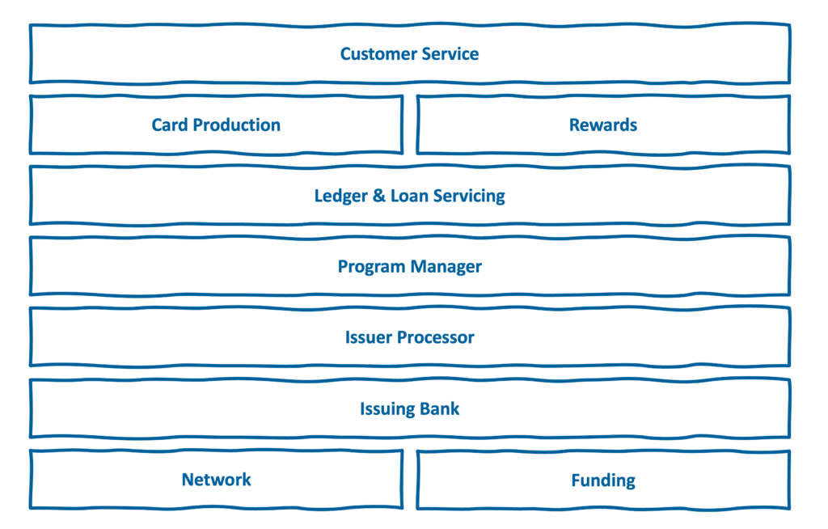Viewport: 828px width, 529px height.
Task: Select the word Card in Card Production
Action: tap(170, 125)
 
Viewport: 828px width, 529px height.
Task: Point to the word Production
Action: tap(237, 125)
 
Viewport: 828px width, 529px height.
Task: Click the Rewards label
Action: tap(603, 125)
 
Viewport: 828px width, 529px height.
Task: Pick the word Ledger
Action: tap(340, 197)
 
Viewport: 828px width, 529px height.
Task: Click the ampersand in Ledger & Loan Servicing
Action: tap(379, 196)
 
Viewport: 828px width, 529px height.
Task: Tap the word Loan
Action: tap(409, 196)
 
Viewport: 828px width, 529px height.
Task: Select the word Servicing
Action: tap(469, 197)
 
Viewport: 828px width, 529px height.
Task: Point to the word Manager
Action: tap(446, 268)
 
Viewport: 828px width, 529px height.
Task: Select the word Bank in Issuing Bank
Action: tap(438, 408)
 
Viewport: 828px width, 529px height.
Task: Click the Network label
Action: tap(217, 480)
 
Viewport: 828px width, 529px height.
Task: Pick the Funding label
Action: tap(603, 481)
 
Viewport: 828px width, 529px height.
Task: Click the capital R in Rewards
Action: tap(575, 125)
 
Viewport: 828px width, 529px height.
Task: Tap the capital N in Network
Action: tap(188, 480)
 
